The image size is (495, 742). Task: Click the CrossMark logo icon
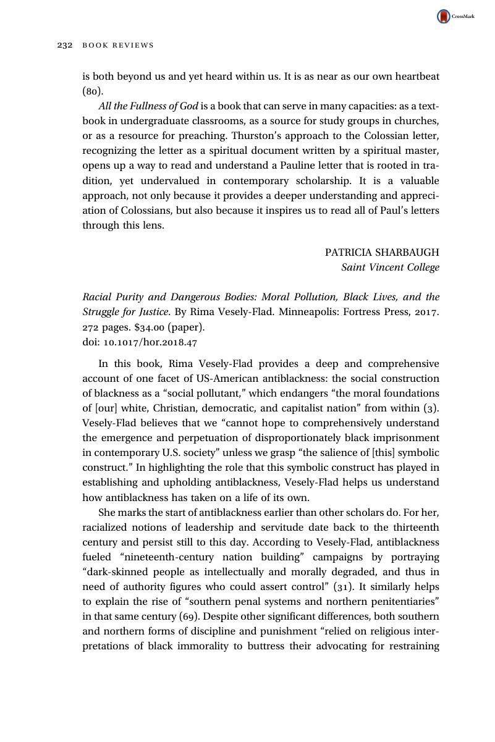coord(444,17)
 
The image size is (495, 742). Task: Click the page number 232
coord(65,45)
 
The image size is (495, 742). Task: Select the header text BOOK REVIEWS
coord(118,45)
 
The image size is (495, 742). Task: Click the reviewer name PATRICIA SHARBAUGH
coord(382,252)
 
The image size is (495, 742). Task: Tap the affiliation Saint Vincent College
coord(390,268)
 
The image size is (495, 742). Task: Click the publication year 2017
coord(426,312)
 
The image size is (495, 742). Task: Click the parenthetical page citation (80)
coord(93,91)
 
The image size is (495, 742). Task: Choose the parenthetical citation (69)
coord(189,617)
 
